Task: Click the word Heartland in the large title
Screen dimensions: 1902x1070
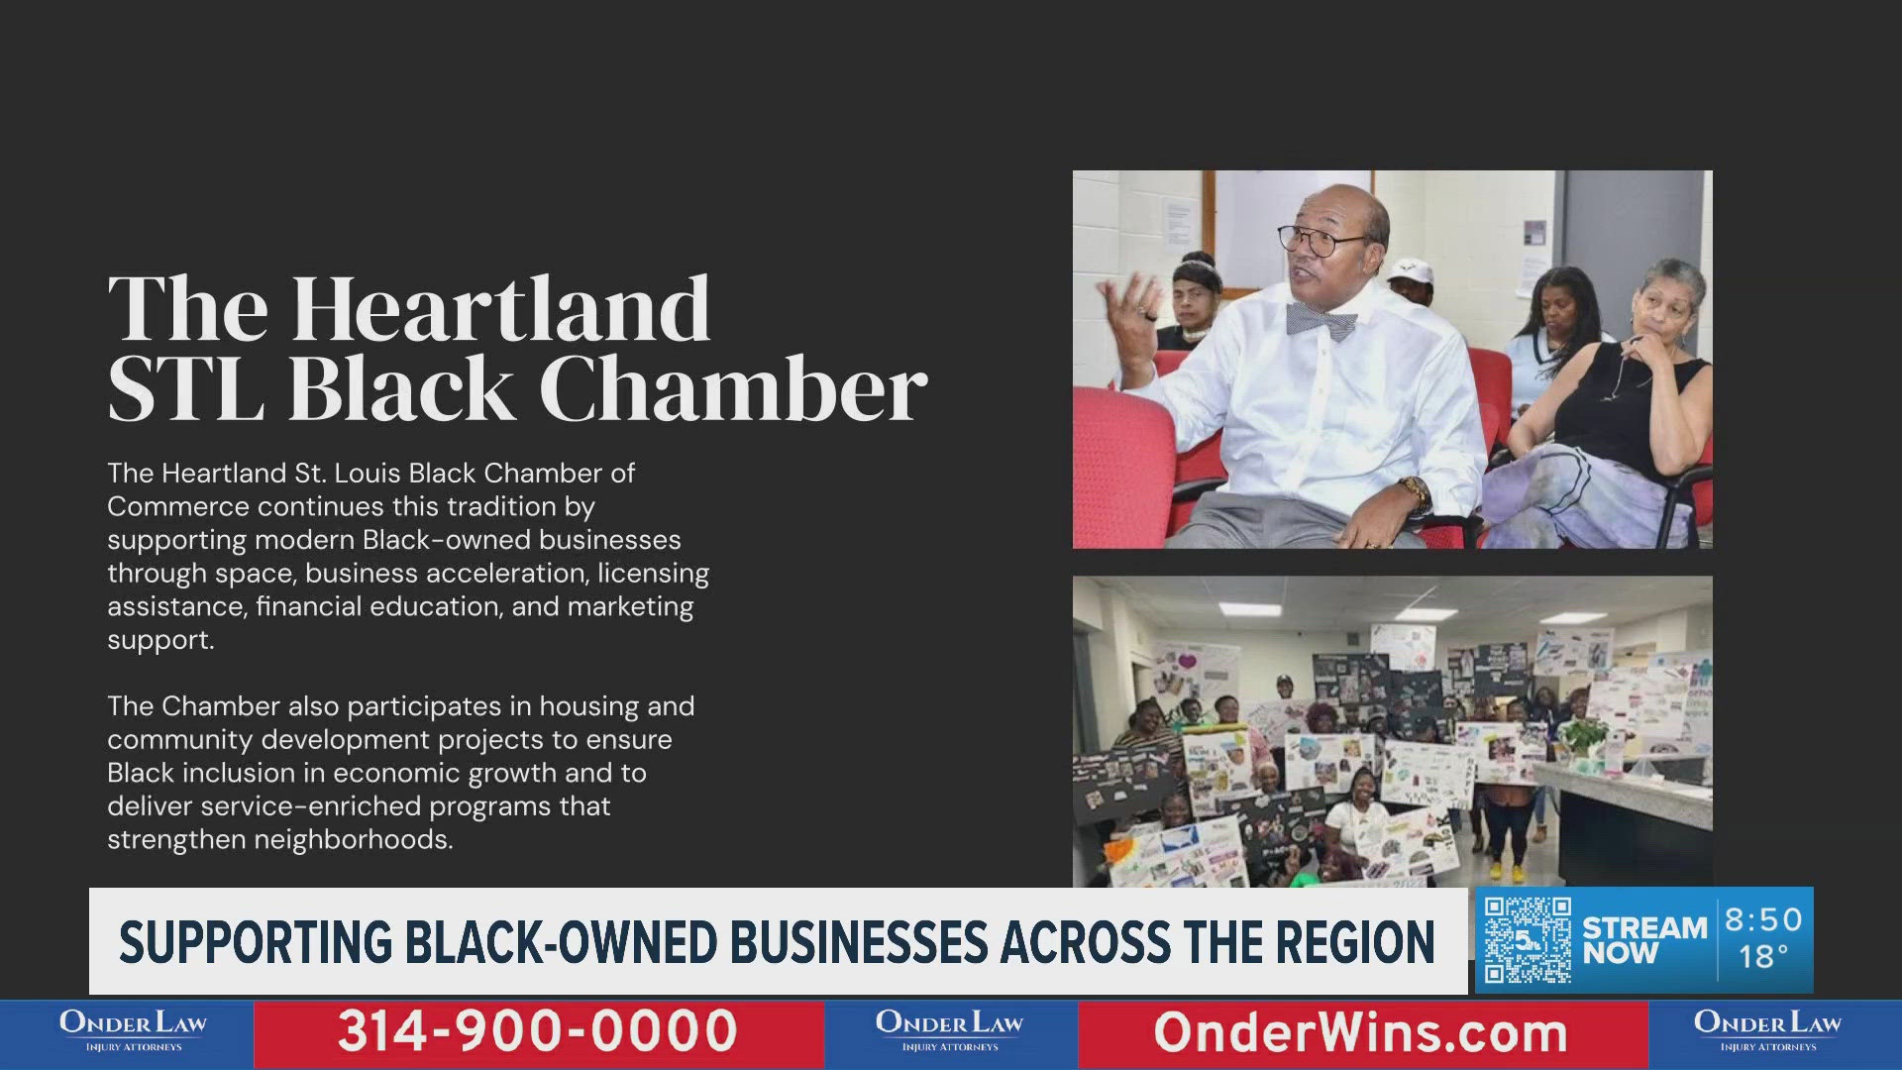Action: (501, 308)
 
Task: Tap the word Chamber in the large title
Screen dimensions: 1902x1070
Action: (733, 387)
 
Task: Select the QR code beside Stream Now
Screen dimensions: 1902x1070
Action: (1527, 939)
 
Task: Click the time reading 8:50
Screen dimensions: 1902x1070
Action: (1763, 919)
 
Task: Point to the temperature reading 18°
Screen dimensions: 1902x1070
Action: (1764, 957)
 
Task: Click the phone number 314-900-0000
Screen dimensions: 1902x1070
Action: (538, 1030)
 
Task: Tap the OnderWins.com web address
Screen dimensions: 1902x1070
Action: (1361, 1032)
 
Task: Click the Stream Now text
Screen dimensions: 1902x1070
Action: (1644, 940)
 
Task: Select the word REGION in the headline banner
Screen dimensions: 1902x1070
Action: (1355, 941)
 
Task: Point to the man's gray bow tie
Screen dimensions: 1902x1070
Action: (1321, 320)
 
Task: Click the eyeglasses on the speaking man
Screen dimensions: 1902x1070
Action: (1320, 241)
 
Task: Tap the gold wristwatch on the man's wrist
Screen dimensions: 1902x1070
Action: (1414, 490)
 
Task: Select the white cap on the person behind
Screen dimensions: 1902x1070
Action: (1411, 269)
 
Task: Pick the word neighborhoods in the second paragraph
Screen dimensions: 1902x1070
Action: (354, 840)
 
